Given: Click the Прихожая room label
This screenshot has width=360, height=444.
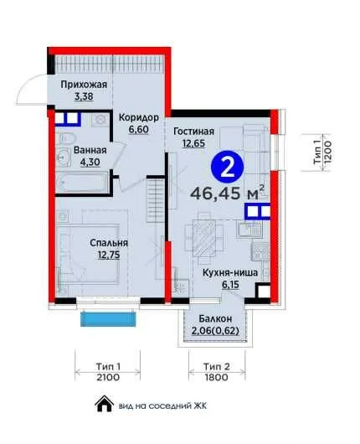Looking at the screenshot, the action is [x=84, y=85].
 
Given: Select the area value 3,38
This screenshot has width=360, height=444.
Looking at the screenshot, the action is [x=84, y=96].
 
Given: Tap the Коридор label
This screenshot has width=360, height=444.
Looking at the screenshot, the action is [x=139, y=117].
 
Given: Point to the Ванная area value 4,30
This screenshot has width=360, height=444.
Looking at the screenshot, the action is [x=90, y=163].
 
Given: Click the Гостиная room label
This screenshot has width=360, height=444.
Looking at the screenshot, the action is [x=194, y=132].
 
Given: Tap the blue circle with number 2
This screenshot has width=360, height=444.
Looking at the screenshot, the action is [x=227, y=168].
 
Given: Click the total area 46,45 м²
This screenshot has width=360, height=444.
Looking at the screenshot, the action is [x=228, y=194].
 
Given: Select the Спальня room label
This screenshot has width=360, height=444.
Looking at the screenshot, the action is [x=109, y=243].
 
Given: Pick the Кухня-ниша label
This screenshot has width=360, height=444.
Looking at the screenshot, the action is [x=230, y=273].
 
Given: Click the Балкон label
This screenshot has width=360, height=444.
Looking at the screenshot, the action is [x=215, y=318].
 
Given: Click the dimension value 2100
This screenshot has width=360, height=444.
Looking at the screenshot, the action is [x=108, y=378].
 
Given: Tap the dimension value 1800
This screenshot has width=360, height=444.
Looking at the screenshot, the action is [x=217, y=378].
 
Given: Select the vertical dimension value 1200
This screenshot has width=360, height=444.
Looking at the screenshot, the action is [x=327, y=153].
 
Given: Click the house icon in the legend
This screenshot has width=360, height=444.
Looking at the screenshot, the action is [x=104, y=403].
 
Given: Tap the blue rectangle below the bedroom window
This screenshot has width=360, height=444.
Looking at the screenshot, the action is [x=109, y=319].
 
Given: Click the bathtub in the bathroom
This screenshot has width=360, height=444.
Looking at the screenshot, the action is [x=82, y=182].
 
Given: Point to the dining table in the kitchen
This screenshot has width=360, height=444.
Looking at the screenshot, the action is [x=204, y=238].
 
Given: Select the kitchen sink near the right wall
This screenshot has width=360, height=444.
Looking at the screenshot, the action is [x=249, y=230].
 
